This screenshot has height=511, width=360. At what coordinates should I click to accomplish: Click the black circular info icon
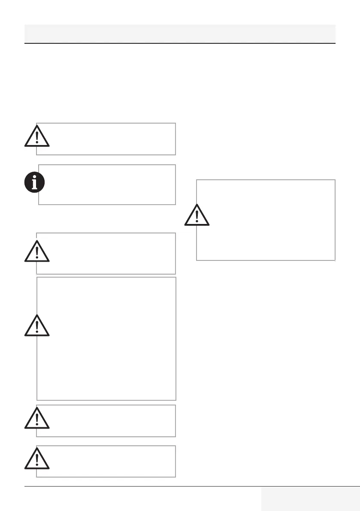pos(34,183)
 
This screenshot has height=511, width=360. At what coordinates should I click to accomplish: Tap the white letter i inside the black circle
pos(34,183)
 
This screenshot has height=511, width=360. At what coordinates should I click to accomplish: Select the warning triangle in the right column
pos(197,215)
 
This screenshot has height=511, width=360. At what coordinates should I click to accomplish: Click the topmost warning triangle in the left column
pos(37,136)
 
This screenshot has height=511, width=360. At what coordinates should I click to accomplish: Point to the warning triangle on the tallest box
pos(37,327)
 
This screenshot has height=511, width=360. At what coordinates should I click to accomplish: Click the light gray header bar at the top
pos(180,33)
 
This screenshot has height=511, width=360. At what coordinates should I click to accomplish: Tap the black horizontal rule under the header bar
pos(180,43)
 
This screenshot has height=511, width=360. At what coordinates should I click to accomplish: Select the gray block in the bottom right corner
pos(310,499)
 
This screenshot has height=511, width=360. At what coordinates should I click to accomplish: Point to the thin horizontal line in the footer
pos(142,486)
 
